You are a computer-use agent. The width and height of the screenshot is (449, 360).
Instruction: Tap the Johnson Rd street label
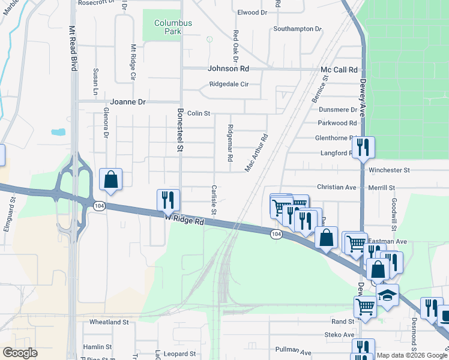(x=228, y=69)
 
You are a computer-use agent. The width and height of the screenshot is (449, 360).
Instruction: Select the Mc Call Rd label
(x=339, y=70)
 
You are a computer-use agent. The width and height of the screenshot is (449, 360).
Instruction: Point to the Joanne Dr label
(x=128, y=102)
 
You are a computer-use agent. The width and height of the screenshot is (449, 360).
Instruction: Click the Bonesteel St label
(x=179, y=129)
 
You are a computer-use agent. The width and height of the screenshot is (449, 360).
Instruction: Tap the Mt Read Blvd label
(x=73, y=48)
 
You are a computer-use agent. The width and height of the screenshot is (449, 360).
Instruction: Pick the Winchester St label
(x=389, y=170)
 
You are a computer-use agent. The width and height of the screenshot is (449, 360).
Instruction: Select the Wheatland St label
(x=109, y=322)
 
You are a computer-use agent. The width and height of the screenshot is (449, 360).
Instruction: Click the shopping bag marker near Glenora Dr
(x=111, y=179)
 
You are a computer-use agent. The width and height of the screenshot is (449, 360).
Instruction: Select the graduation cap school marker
(x=387, y=295)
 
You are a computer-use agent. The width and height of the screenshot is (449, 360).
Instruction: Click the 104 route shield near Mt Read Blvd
(x=98, y=206)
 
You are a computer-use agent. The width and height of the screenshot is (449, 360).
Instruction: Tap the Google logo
(x=20, y=353)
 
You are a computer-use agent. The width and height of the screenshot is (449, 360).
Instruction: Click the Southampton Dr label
(x=297, y=29)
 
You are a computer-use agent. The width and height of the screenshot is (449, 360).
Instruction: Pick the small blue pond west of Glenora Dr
(x=58, y=132)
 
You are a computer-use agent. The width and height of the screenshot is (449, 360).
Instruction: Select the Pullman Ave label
(x=293, y=349)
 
